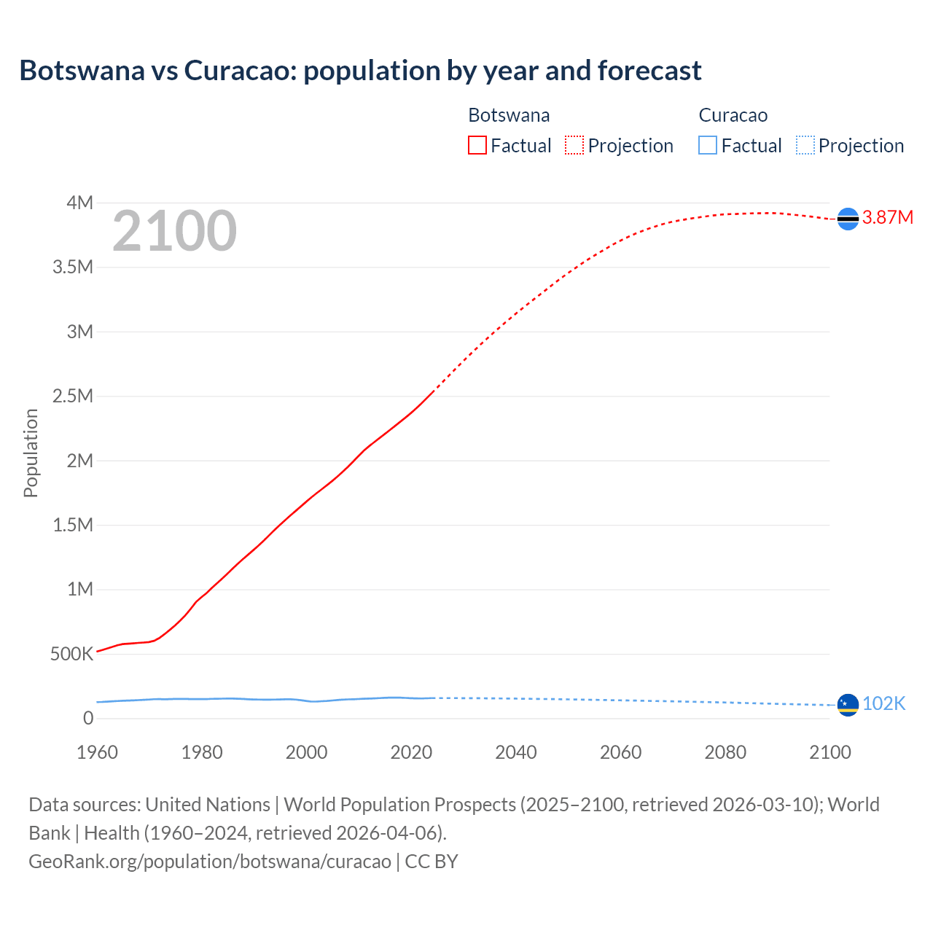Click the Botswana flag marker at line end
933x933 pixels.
click(848, 219)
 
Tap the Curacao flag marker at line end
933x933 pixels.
click(848, 705)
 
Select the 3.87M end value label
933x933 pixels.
click(888, 218)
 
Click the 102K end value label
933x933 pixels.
click(883, 703)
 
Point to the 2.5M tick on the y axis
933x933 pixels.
click(73, 397)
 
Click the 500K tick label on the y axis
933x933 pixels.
click(71, 655)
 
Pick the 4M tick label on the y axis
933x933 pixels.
click(79, 203)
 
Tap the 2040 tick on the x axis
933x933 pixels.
click(516, 752)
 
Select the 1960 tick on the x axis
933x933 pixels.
click(97, 752)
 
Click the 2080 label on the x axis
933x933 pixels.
click(725, 752)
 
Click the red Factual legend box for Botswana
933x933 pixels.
click(477, 146)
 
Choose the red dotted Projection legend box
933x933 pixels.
click(574, 146)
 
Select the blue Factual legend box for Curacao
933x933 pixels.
click(708, 146)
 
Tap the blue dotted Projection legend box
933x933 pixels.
click(805, 146)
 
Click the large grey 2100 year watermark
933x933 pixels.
click(174, 231)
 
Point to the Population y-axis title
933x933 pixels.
click(31, 453)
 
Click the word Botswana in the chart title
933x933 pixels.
click(82, 71)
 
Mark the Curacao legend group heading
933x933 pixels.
click(733, 115)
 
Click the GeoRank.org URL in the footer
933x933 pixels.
click(209, 862)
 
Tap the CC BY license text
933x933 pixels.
click(432, 862)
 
